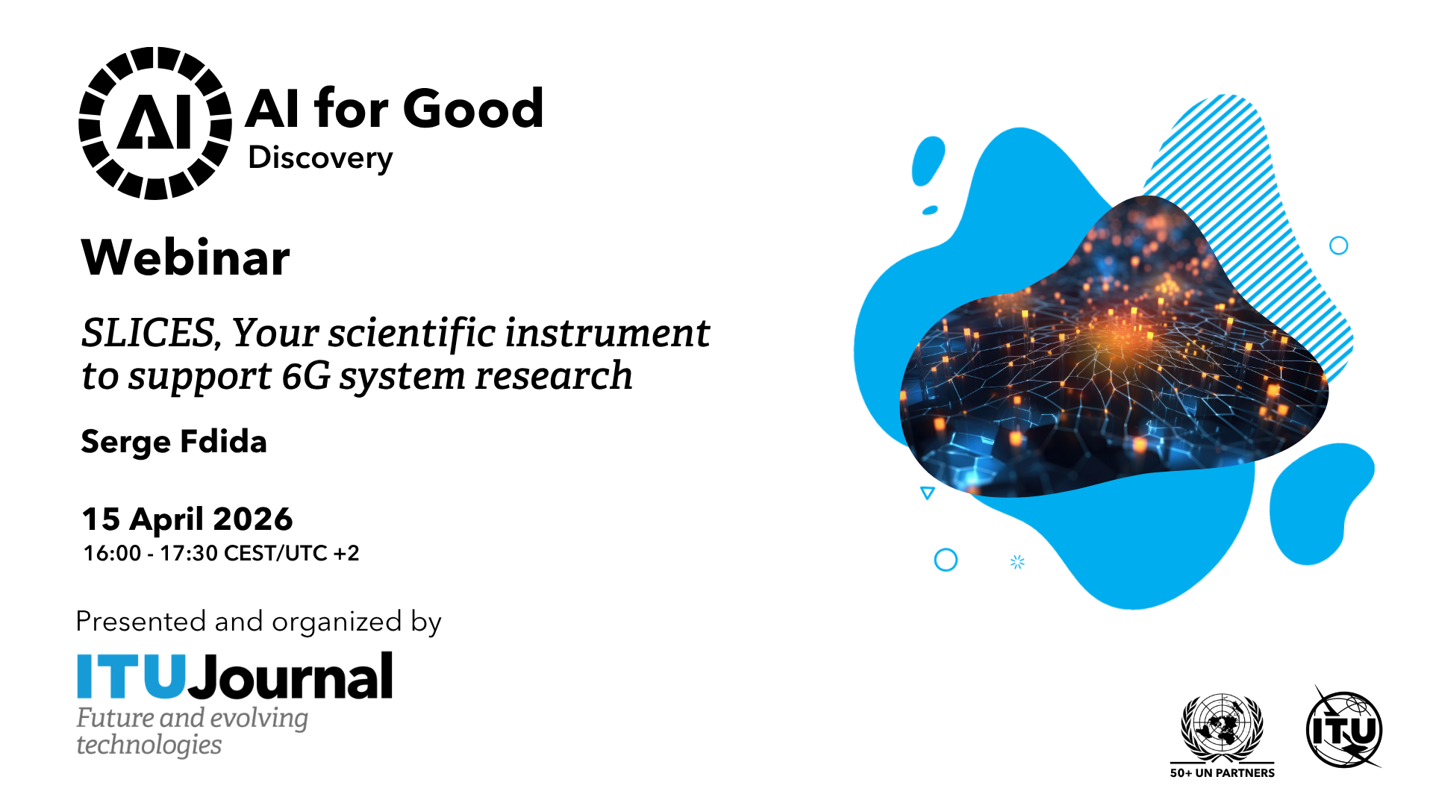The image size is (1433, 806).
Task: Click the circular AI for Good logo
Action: point(155,123)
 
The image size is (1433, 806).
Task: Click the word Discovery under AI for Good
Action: point(320,158)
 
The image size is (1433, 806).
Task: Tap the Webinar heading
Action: point(185,257)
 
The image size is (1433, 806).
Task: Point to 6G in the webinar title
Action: point(306,375)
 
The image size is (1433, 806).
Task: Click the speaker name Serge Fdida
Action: point(174,442)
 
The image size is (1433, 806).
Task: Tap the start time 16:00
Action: point(112,554)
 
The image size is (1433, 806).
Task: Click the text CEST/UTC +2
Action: point(291,554)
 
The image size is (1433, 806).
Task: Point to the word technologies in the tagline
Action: point(149,745)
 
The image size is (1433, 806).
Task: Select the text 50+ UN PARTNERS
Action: point(1222,773)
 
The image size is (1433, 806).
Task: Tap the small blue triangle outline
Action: point(928,493)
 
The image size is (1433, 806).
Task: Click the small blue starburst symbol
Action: point(1017,562)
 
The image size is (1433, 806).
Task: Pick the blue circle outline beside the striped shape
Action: point(1339,246)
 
